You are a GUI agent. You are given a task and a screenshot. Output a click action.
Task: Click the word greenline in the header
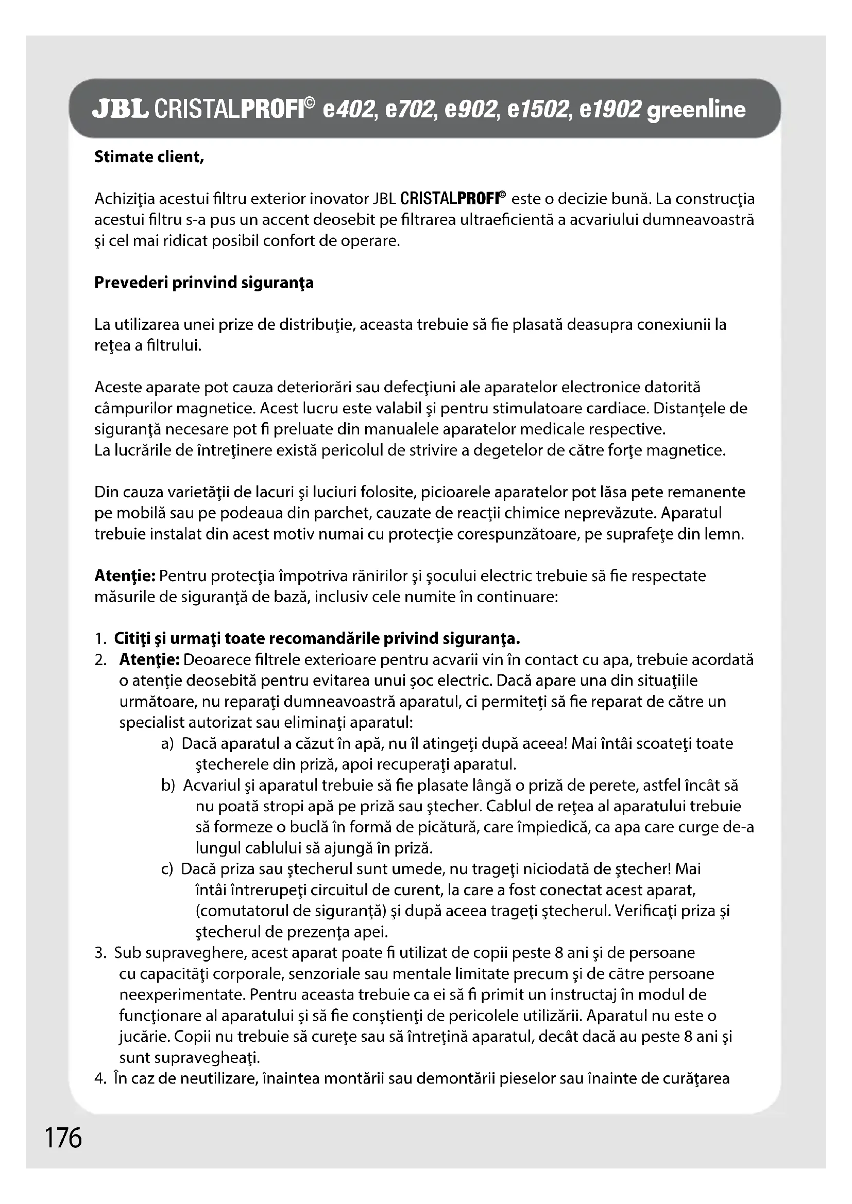[x=696, y=110]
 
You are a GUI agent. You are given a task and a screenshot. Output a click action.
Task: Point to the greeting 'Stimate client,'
[x=149, y=157]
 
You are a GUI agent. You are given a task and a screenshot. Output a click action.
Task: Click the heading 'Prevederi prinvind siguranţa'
[x=203, y=283]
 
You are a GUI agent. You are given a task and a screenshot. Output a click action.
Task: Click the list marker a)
[x=167, y=744]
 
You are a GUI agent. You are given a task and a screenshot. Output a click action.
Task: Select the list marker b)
[x=168, y=786]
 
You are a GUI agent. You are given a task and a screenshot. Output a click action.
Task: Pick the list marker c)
[x=167, y=869]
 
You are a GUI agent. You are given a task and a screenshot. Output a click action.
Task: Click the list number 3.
[x=101, y=953]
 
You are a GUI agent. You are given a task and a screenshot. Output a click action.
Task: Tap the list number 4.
[x=101, y=1079]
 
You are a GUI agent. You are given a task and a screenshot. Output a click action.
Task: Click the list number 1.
[x=100, y=639]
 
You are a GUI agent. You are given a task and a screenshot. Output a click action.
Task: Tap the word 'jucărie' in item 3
[x=143, y=1037]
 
